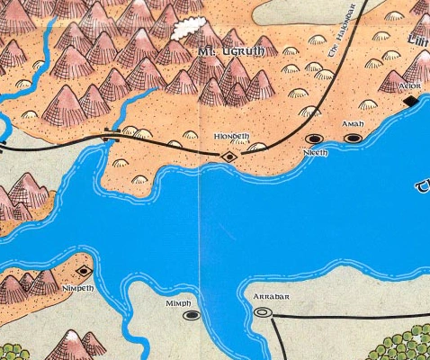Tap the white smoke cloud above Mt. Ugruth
[x=190, y=28]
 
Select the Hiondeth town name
[x=231, y=136]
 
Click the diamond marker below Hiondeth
[x=230, y=157]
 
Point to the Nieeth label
[x=317, y=153]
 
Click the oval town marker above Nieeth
[x=315, y=139]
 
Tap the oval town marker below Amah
[x=354, y=138]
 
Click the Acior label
[x=409, y=86]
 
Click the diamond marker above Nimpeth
[x=85, y=271]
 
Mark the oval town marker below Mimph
[x=191, y=316]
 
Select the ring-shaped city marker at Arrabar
[x=263, y=312]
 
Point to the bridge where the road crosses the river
[x=113, y=135]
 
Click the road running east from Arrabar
[x=342, y=316]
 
